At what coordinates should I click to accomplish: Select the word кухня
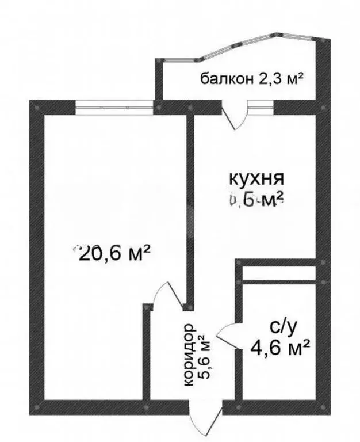pyautogui.click(x=256, y=177)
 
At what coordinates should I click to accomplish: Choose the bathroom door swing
pyautogui.click(x=229, y=336)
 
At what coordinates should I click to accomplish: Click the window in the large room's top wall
pyautogui.click(x=115, y=107)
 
